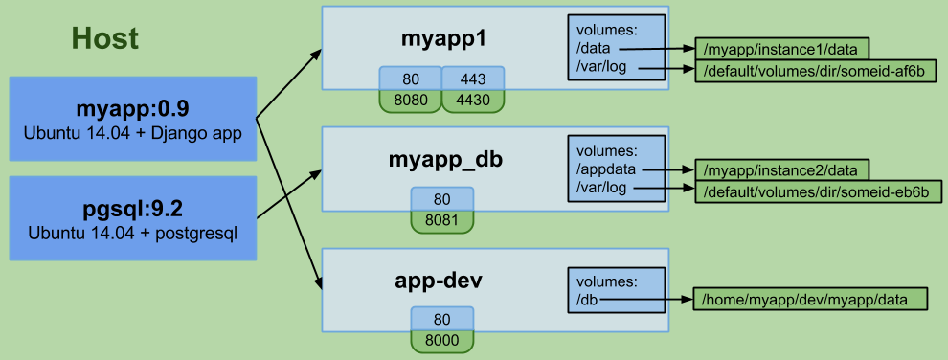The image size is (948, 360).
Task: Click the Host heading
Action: [104, 39]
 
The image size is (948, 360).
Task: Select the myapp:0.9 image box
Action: [134, 119]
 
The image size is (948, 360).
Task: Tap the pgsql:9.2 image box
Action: [134, 217]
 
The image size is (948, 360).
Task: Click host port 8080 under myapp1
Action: [410, 101]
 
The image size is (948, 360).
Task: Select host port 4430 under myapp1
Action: [473, 101]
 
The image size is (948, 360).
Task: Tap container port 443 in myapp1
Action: [473, 79]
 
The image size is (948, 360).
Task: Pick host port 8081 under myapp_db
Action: [441, 221]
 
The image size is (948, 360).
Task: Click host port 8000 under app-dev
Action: [441, 341]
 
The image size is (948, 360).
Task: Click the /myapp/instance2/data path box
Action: [782, 170]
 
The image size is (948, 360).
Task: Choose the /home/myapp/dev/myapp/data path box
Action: [811, 300]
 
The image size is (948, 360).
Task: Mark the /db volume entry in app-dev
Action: [588, 300]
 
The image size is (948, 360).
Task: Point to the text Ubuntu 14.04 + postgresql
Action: [134, 233]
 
